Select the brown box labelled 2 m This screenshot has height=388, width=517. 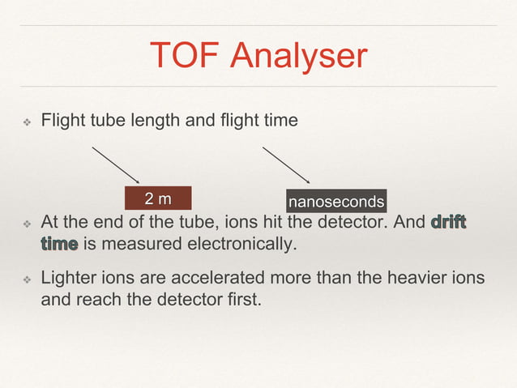pos(158,198)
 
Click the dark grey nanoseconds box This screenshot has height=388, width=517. pos(336,200)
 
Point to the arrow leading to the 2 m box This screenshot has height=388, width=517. pos(116,165)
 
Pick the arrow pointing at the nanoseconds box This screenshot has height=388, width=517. pos(286,165)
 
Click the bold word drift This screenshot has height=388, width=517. pos(449,222)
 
